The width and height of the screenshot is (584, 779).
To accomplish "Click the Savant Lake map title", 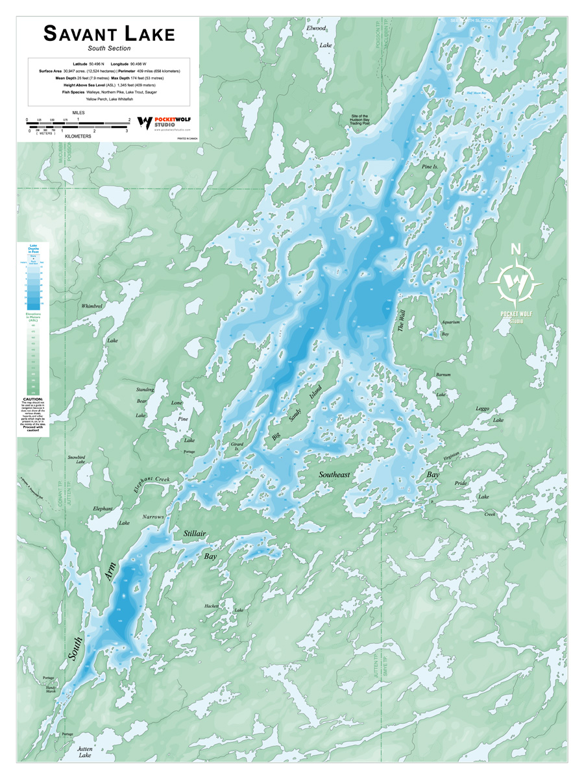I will click(x=109, y=34).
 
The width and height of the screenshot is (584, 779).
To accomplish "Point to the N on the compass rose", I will click(x=516, y=249).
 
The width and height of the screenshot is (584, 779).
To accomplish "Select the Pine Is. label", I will click(x=430, y=167).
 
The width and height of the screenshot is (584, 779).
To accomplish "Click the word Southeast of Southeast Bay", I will click(x=334, y=475).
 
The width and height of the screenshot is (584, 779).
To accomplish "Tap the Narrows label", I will click(x=153, y=517).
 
